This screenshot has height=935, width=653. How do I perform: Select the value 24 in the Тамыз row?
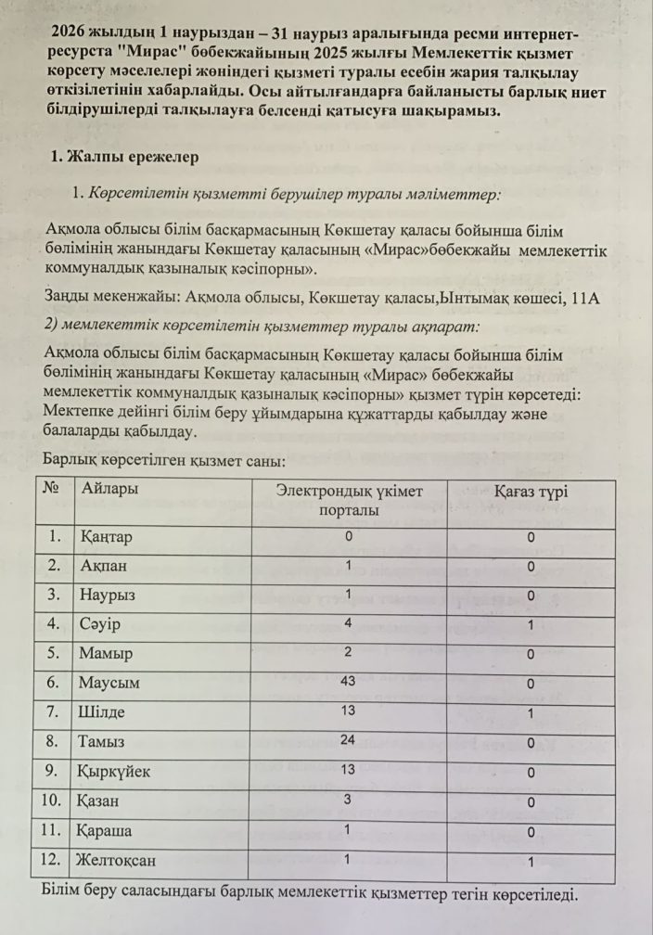click(349, 740)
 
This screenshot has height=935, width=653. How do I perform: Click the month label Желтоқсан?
click(118, 860)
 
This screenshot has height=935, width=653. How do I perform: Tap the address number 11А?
click(588, 298)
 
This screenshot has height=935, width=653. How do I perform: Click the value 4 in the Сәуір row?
click(349, 622)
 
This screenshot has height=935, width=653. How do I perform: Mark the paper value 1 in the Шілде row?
click(531, 712)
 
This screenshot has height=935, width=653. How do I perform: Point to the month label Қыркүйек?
click(115, 771)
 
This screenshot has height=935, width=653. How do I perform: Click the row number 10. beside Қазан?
click(55, 801)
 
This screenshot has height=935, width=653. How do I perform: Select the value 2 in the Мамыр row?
click(349, 652)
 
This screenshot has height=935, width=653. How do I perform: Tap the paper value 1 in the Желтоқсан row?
click(531, 863)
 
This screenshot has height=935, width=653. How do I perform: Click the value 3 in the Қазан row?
click(349, 800)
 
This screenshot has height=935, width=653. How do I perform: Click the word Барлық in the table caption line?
click(70, 460)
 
